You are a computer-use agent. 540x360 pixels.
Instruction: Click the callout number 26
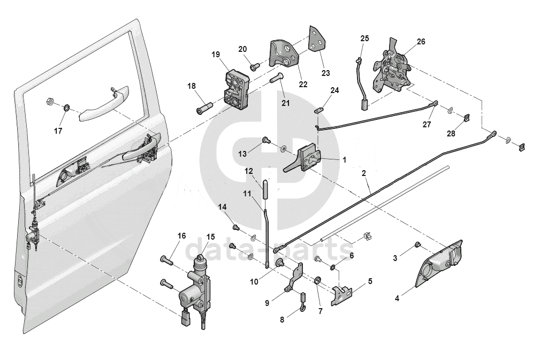421,41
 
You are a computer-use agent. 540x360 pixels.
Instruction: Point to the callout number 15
210,236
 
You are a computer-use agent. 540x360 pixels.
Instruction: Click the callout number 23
325,73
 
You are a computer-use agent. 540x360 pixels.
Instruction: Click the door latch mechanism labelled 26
395,70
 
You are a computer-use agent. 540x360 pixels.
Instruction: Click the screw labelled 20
254,67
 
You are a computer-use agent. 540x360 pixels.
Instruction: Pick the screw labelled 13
264,141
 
